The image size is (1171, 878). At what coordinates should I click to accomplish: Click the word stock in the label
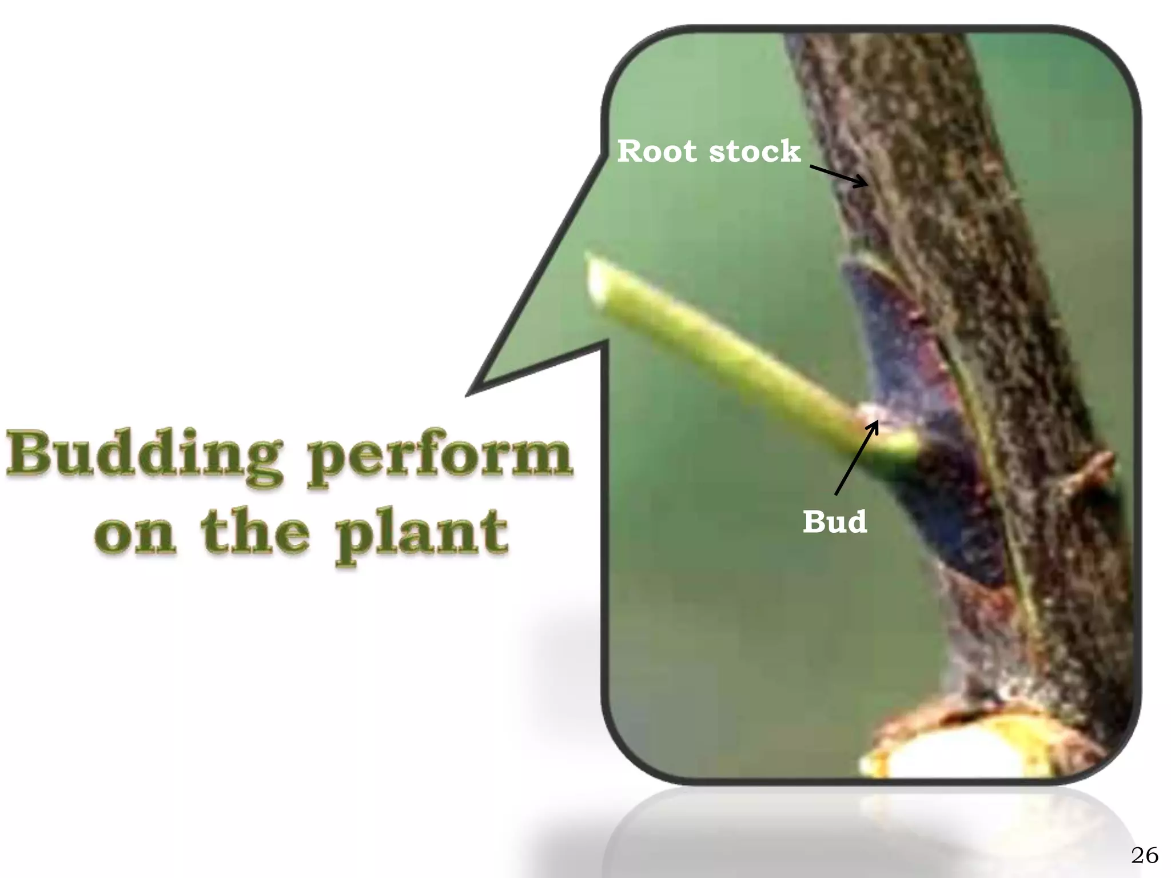(x=754, y=151)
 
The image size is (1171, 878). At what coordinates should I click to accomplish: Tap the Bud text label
(x=834, y=521)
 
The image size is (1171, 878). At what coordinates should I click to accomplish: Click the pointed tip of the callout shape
(x=472, y=392)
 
